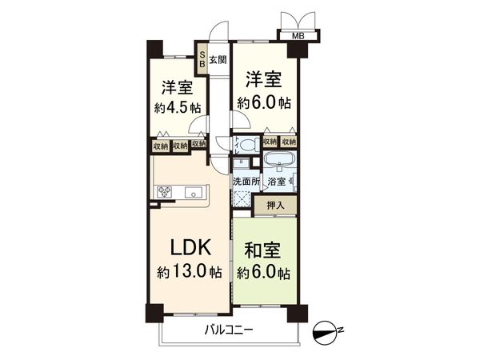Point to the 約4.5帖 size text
pyautogui.click(x=178, y=107)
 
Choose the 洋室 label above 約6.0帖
pyautogui.click(x=263, y=80)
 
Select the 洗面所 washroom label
pyautogui.click(x=246, y=182)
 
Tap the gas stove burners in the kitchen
pyautogui.click(x=165, y=191)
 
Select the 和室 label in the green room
pyautogui.click(x=263, y=250)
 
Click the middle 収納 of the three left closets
pyautogui.click(x=179, y=146)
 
